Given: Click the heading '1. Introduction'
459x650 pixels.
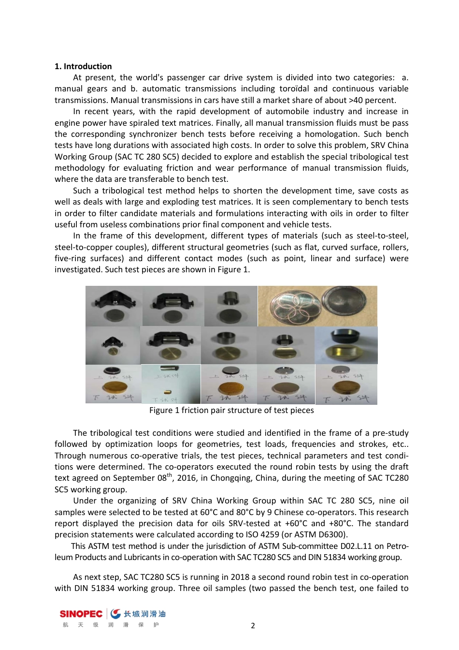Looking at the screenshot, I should pyautogui.click(x=83, y=66).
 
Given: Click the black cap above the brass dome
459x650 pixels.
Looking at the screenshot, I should pyautogui.click(x=345, y=334).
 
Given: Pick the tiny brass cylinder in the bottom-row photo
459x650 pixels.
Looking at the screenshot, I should pyautogui.click(x=168, y=391).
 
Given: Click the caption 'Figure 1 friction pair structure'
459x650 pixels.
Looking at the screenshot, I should pyautogui.click(x=231, y=410).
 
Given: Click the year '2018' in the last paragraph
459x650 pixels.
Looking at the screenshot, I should pyautogui.click(x=221, y=577).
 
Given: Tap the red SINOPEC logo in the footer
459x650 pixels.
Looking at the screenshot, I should pyautogui.click(x=81, y=614).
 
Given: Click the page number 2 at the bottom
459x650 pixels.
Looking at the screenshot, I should pyautogui.click(x=253, y=626).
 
